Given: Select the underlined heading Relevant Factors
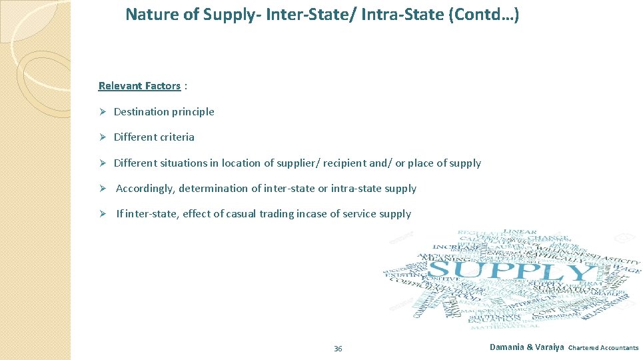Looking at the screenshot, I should coord(139,86).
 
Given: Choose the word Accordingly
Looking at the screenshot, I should coord(145,189).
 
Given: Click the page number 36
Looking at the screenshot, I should coord(338,349).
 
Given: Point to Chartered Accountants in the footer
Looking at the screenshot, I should coord(603,348).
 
